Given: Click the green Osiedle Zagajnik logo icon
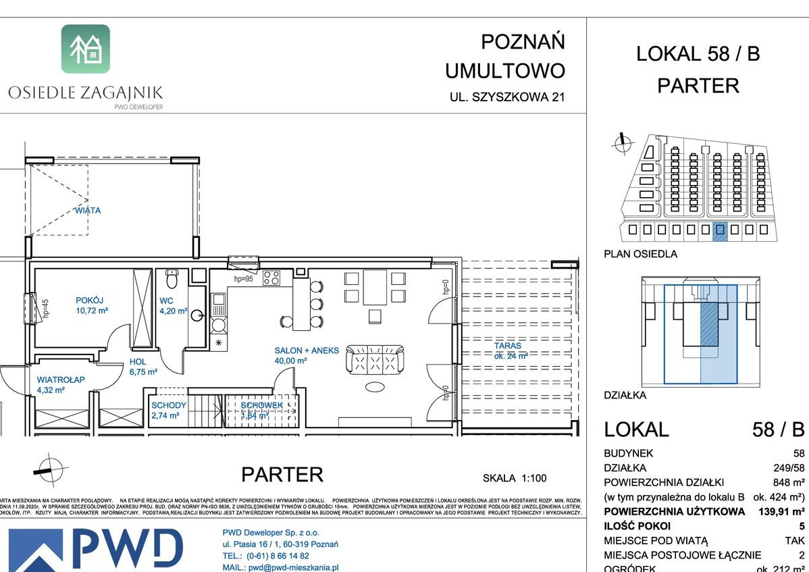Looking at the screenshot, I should click(86, 49).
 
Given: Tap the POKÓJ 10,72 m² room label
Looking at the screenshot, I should click(91, 306).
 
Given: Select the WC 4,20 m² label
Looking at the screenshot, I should click(173, 306).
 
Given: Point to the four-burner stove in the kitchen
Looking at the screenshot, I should click(271, 277).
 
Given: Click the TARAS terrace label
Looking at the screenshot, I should click(510, 350).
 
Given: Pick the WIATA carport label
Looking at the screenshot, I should click(88, 211).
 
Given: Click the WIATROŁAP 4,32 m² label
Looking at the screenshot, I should click(61, 385).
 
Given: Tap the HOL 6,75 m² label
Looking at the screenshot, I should click(142, 367).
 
